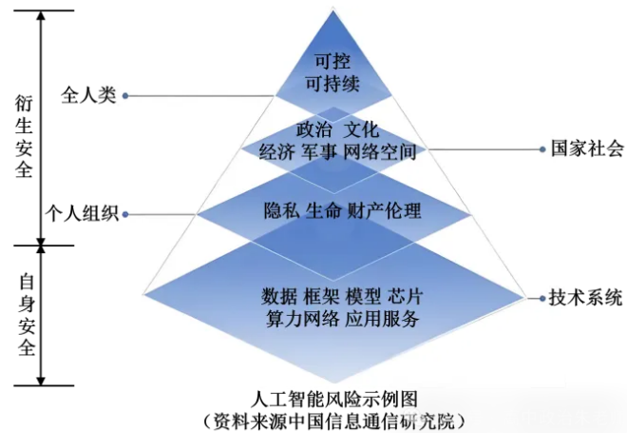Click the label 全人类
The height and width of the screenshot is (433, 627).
tap(88, 96)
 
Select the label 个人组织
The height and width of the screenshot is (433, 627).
tap(81, 214)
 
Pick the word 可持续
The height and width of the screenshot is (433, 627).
tap(332, 83)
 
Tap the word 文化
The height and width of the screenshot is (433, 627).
tap(362, 128)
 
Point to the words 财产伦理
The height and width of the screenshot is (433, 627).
tap(391, 210)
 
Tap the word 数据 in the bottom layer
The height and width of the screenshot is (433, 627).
tap(278, 292)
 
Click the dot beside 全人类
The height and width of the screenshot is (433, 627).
tap(126, 96)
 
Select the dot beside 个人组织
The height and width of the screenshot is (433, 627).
tap(126, 214)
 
